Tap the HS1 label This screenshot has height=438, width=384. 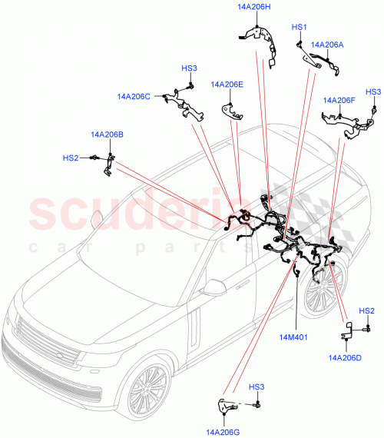click(299, 27)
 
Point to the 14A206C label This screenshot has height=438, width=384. click(134, 97)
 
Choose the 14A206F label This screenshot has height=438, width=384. click(339, 100)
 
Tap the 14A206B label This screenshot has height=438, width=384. click(106, 134)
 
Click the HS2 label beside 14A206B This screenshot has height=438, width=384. click(71, 158)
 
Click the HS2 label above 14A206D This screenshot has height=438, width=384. click(367, 310)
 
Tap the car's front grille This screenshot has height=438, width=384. click(46, 345)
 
